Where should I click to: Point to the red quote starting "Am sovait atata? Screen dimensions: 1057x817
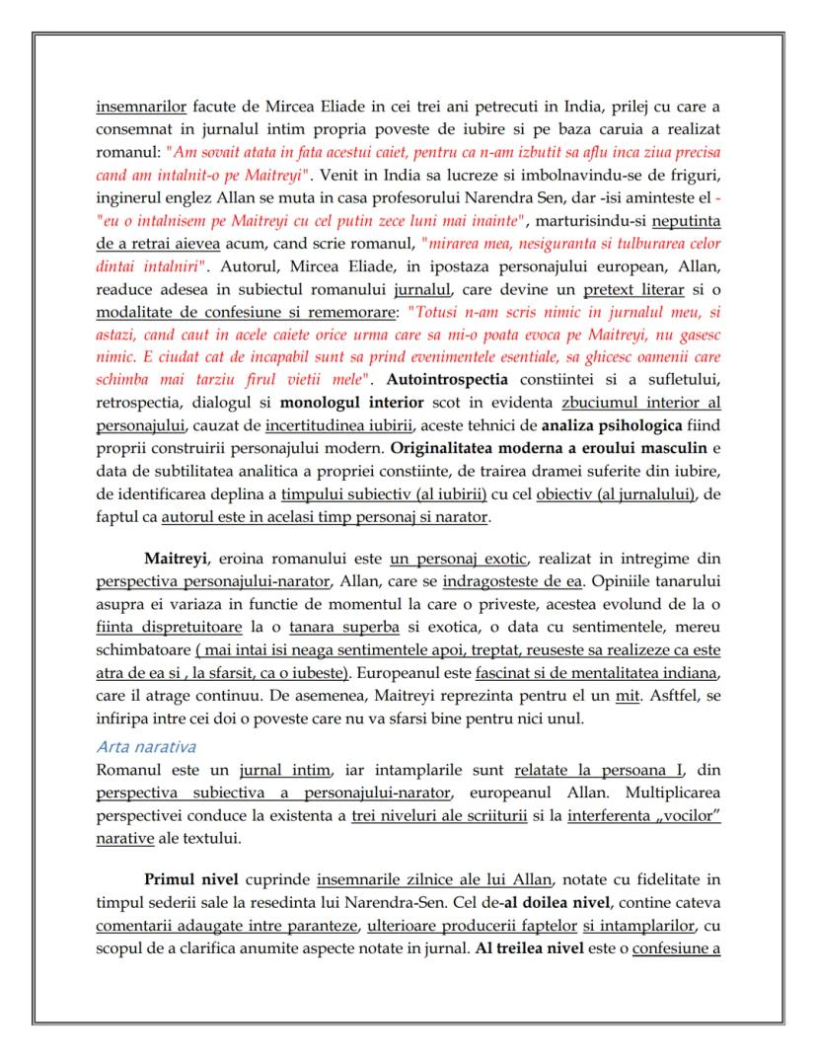pos(444,153)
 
